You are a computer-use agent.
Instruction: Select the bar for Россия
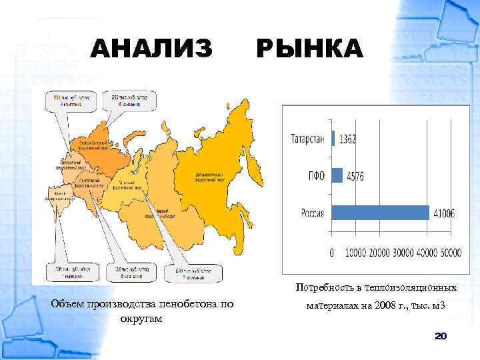point(380,212)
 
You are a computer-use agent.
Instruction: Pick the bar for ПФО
point(337,175)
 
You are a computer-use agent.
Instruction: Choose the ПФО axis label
point(316,176)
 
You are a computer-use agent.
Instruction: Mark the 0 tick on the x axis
point(332,253)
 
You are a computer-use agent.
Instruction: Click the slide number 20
point(440,337)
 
